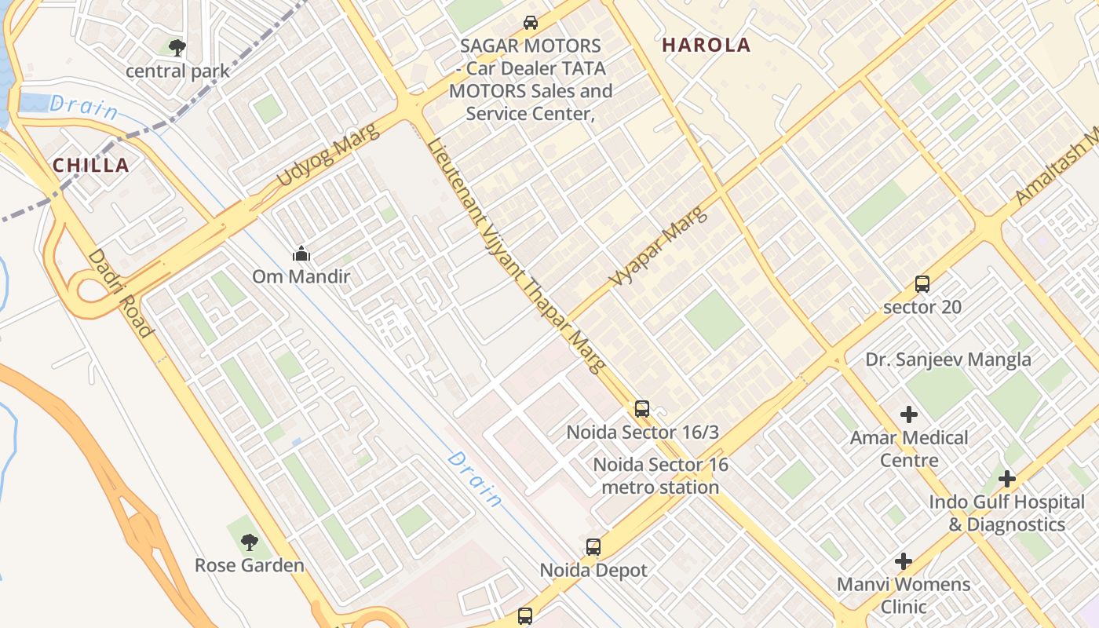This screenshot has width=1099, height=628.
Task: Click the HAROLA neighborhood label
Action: click(x=706, y=46)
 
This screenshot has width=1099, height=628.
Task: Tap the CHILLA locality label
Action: click(x=90, y=166)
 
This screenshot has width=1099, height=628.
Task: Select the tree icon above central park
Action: click(x=177, y=48)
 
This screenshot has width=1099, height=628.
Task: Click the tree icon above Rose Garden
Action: click(x=250, y=542)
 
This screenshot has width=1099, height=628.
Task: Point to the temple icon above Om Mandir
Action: click(x=301, y=254)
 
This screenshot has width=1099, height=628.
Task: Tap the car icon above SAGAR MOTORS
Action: click(x=531, y=23)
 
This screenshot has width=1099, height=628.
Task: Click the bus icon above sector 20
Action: click(x=922, y=284)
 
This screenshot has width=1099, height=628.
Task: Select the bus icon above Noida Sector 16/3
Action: click(x=642, y=409)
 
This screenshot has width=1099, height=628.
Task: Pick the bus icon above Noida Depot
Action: click(x=593, y=547)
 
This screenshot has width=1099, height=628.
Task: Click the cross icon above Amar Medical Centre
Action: click(x=909, y=414)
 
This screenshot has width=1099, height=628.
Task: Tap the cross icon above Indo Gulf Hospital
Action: click(x=1007, y=479)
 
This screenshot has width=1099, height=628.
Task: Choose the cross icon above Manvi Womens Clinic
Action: click(x=904, y=561)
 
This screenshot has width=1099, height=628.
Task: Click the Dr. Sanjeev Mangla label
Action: click(x=948, y=360)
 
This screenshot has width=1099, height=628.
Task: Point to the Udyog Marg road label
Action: click(x=328, y=155)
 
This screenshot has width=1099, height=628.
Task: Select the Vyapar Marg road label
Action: click(x=658, y=246)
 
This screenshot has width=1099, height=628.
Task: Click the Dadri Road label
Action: click(x=119, y=293)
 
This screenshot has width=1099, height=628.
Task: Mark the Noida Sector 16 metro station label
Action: click(x=660, y=476)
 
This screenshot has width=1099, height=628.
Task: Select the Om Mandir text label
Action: click(x=301, y=277)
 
